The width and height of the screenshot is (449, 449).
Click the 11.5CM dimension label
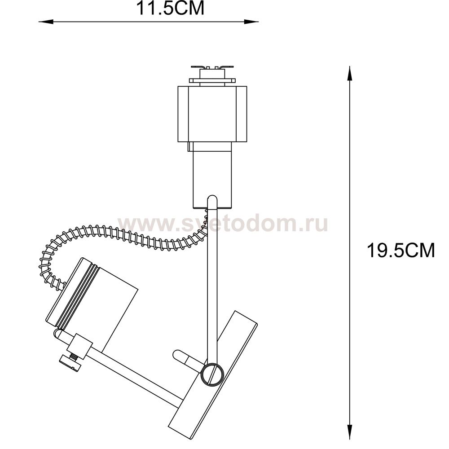pos(170,8)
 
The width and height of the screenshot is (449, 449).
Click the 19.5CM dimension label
pos(401,250)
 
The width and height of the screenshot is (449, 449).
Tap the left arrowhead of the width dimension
pos(46,22)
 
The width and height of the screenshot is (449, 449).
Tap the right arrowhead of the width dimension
pos(251,22)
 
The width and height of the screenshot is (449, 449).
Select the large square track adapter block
pos(212,114)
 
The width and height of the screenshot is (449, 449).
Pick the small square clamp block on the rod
pos(80,346)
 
